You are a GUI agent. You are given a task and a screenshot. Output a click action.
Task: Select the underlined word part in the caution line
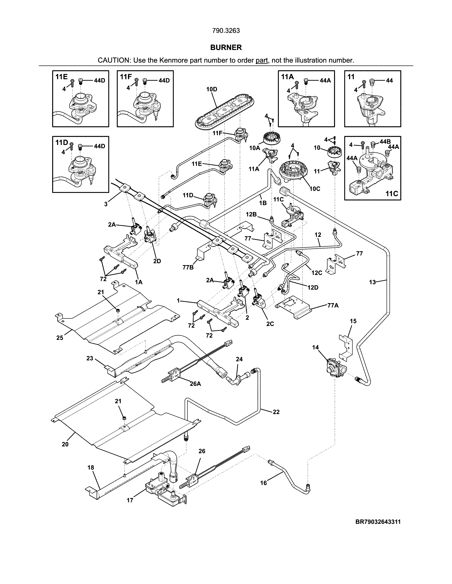click(x=262, y=60)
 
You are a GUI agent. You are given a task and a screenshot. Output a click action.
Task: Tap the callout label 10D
click(x=211, y=89)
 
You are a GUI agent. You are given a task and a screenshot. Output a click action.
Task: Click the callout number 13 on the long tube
click(x=372, y=282)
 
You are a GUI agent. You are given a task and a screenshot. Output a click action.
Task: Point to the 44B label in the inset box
click(x=385, y=142)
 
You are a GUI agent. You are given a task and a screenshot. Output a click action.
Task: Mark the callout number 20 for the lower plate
click(x=65, y=444)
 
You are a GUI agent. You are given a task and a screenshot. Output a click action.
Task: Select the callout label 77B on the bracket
click(x=188, y=267)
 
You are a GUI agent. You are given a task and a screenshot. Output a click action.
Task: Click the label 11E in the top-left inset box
click(x=61, y=77)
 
